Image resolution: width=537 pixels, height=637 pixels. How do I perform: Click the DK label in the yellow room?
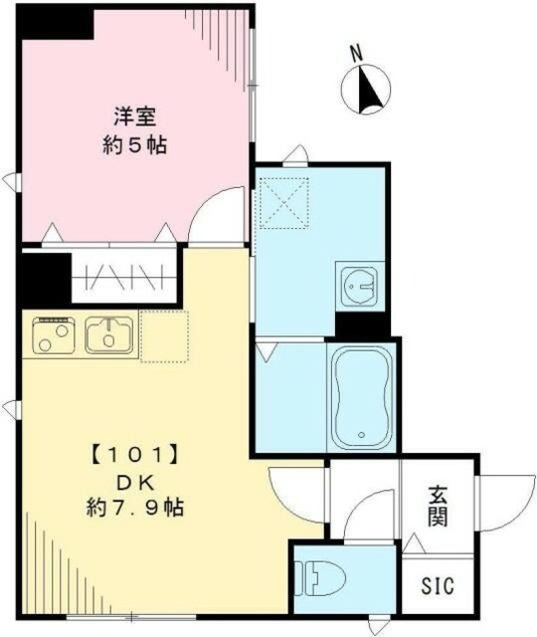135,483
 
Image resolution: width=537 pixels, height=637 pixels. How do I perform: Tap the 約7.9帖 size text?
135,508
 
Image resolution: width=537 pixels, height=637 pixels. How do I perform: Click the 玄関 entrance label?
439,506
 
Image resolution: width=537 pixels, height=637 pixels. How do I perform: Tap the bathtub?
361,396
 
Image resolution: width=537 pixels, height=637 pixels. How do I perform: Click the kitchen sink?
108,335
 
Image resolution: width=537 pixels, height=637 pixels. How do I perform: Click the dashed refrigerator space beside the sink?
164,335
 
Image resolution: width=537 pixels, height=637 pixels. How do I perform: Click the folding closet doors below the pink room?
124,276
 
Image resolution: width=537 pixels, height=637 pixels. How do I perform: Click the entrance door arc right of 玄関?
502,503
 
